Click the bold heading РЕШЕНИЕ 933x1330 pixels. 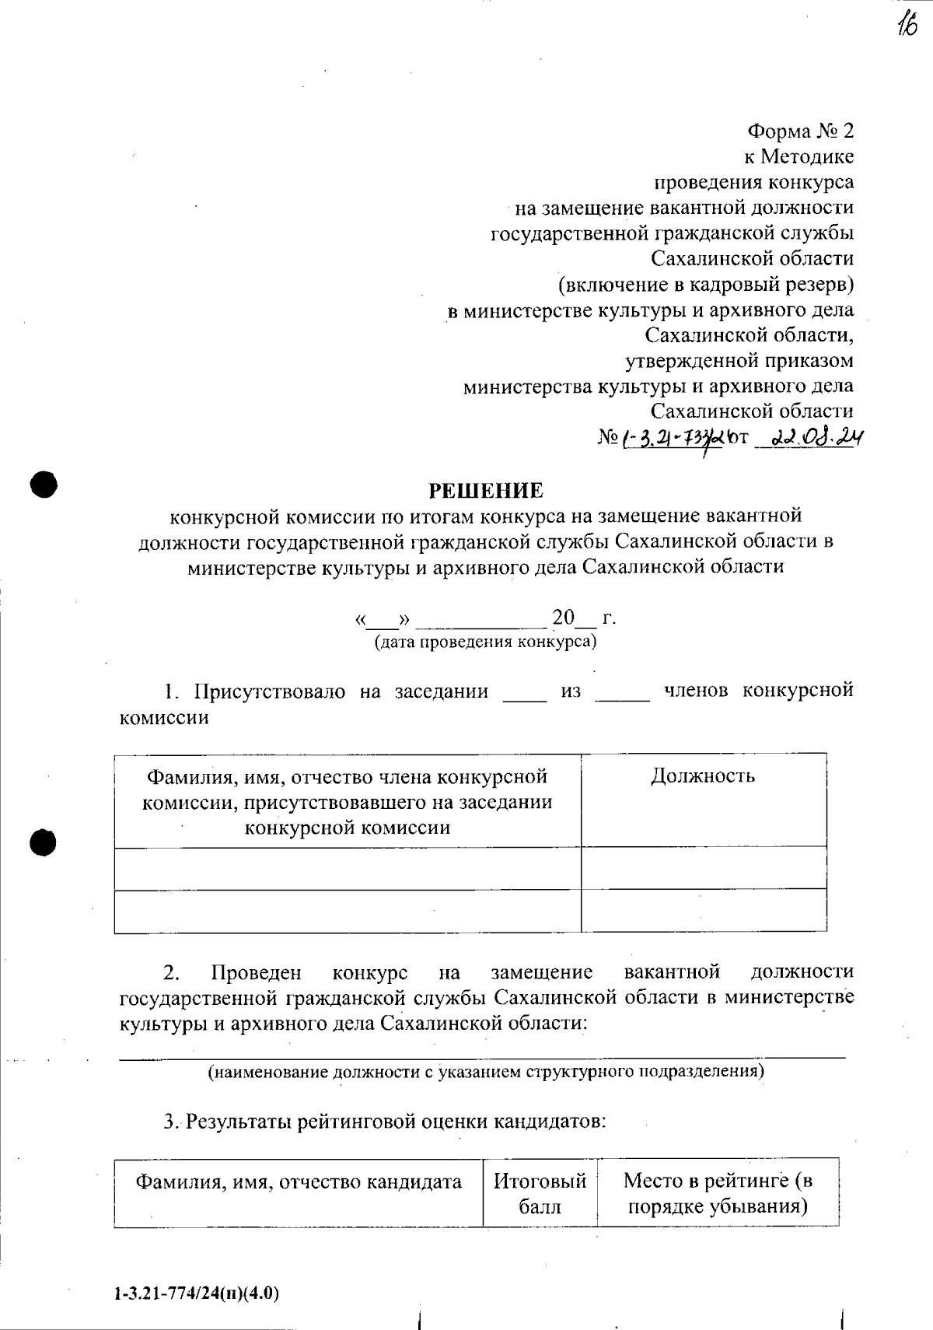click(x=487, y=491)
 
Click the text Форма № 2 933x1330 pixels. click(x=800, y=131)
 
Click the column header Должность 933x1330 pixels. click(x=703, y=776)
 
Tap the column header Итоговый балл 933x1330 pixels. click(x=540, y=1194)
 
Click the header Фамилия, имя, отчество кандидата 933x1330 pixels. click(x=299, y=1182)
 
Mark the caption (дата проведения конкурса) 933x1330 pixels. click(x=485, y=642)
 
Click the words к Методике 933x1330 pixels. click(x=798, y=156)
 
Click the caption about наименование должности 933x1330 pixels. click(x=485, y=1071)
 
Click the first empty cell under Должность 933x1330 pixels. click(x=703, y=867)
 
